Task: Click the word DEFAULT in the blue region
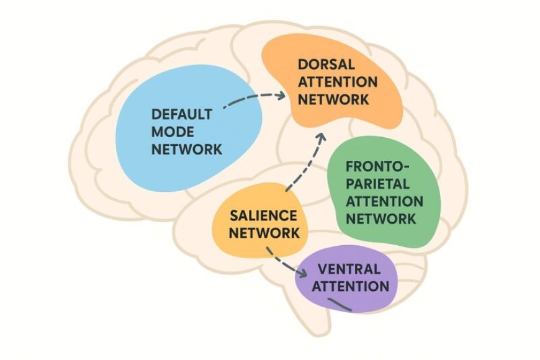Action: tap(182, 115)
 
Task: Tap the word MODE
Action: tap(172, 132)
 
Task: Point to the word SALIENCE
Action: tap(263, 216)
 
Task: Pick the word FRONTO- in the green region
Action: tap(377, 168)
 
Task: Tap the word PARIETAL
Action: tap(377, 184)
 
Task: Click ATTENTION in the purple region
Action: tap(351, 286)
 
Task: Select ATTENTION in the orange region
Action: tap(337, 82)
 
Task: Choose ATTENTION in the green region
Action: tap(384, 202)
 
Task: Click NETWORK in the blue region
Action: tap(186, 150)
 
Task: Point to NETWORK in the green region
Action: tap(380, 218)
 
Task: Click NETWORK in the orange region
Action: tap(333, 99)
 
